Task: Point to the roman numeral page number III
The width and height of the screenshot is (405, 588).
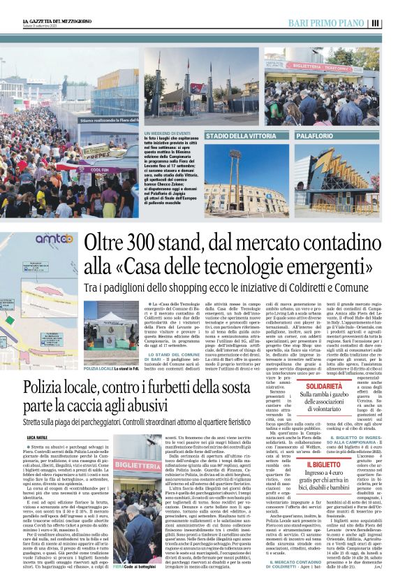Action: click(376, 23)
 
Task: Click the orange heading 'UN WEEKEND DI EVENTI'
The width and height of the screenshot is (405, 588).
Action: click(167, 133)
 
